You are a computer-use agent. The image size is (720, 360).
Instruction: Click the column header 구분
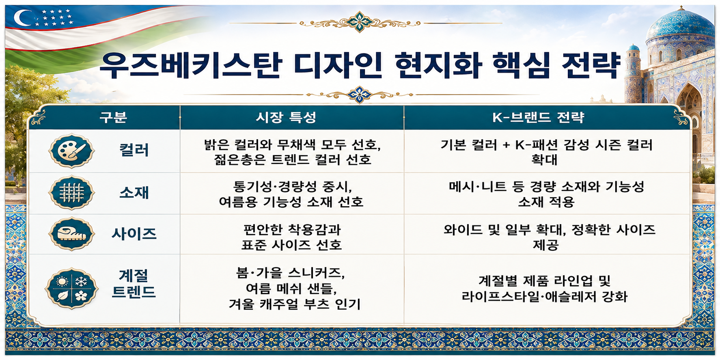[x=113, y=117]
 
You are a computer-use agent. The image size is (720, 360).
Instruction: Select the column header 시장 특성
[x=286, y=117]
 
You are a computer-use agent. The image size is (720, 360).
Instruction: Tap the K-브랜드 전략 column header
[x=538, y=117]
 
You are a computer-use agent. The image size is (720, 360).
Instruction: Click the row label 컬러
[x=134, y=150]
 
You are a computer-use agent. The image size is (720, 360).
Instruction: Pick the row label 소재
[x=134, y=192]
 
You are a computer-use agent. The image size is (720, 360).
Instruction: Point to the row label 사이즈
[x=134, y=234]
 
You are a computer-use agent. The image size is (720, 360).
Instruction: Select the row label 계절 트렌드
[x=134, y=284]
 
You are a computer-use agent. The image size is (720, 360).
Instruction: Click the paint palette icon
[x=71, y=151]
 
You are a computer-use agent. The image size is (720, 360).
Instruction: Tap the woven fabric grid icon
[x=71, y=192]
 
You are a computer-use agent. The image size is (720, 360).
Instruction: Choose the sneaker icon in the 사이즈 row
[x=71, y=234]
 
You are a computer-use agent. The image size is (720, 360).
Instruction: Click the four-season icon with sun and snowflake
[x=71, y=288]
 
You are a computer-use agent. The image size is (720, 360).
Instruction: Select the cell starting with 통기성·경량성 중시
[x=291, y=194]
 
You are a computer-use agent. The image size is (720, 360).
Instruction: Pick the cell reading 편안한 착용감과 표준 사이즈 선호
[x=291, y=237]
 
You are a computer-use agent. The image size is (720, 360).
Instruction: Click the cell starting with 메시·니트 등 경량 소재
[x=546, y=194]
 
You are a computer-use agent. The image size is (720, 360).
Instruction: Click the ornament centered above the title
[x=360, y=22]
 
